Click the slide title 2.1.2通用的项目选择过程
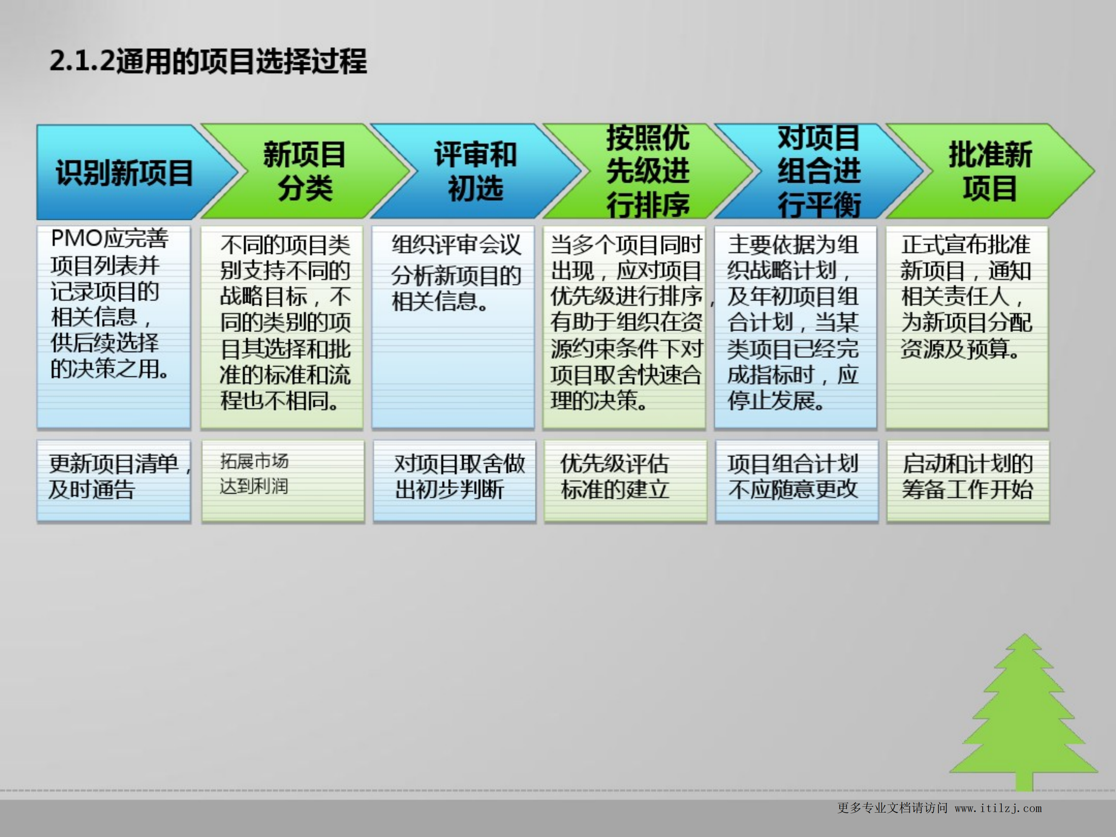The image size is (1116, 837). (208, 62)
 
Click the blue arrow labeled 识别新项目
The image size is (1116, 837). (124, 172)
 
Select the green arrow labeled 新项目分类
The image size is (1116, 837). (304, 171)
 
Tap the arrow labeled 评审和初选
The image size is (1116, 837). (475, 171)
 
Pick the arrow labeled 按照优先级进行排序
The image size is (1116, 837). (647, 171)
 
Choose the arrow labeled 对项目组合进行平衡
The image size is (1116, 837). (818, 171)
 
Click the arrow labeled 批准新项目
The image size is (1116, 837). (990, 171)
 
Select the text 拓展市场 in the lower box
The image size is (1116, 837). (254, 461)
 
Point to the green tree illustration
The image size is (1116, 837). (1024, 716)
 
